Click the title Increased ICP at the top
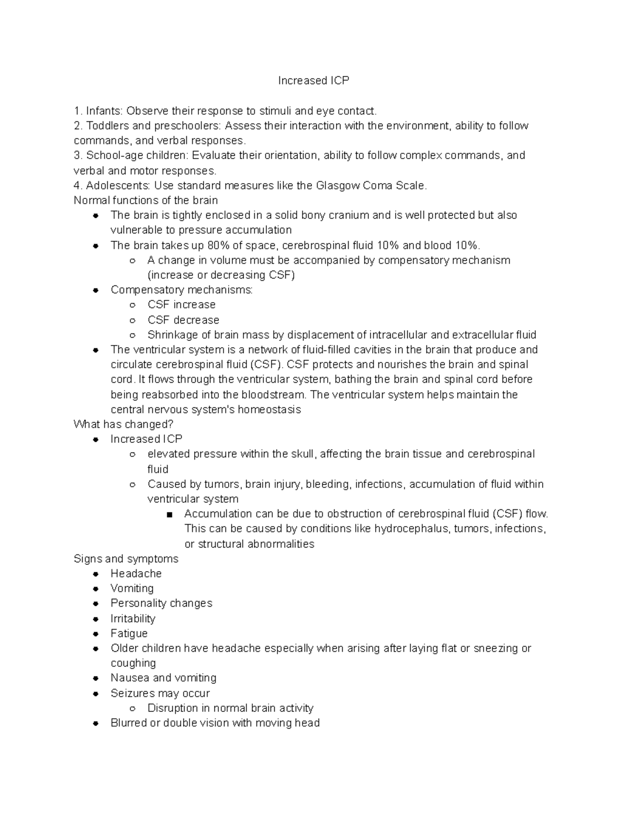(313, 81)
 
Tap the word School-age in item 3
(110, 155)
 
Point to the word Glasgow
(336, 185)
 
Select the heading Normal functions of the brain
(145, 201)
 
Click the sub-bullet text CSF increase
(181, 305)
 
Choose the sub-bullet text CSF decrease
(183, 320)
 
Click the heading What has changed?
(124, 424)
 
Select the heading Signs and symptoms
(126, 559)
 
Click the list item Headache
(136, 574)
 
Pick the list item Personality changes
(161, 603)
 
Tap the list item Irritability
(133, 619)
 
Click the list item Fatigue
(129, 633)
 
